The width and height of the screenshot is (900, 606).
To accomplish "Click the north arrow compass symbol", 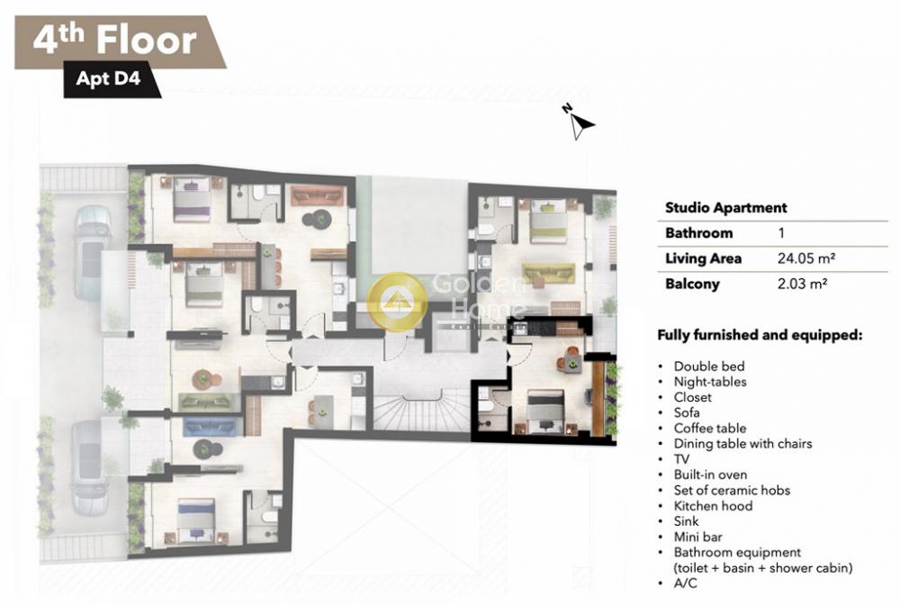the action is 580,122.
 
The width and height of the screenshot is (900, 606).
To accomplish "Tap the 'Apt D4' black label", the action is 109,78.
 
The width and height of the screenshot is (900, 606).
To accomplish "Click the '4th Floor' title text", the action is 115,41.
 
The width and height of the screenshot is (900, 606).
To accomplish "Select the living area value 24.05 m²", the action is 805,258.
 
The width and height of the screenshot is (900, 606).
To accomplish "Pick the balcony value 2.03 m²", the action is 802,284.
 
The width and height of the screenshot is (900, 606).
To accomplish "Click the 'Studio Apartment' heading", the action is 725,208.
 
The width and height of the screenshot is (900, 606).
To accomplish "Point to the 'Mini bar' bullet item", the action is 697,537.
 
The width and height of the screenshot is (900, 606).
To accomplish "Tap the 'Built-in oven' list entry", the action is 710,475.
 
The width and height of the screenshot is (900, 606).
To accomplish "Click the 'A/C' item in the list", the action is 685,583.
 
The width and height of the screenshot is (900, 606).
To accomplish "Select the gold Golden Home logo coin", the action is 397,301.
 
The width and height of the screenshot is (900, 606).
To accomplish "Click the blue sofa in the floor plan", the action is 210,427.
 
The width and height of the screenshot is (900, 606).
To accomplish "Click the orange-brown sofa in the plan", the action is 318,196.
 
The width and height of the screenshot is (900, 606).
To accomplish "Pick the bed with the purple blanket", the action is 192,199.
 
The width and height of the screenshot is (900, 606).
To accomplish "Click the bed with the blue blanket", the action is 196,521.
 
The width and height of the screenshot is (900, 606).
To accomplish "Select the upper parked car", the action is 92,253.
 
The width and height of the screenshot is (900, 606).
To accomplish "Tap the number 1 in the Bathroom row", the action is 781,233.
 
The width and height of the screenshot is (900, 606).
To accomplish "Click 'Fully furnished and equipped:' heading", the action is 760,335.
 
